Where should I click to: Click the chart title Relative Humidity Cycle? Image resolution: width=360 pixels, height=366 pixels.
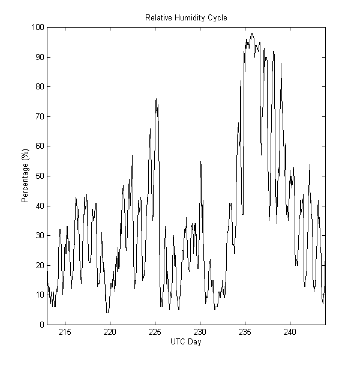point(186,17)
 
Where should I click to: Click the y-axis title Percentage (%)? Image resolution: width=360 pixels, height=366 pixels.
point(25,176)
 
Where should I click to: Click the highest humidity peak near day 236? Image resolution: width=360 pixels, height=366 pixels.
point(252,33)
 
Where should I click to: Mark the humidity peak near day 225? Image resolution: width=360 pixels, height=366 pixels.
point(156,98)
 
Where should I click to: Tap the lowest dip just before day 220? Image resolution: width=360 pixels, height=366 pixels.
point(107,313)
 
